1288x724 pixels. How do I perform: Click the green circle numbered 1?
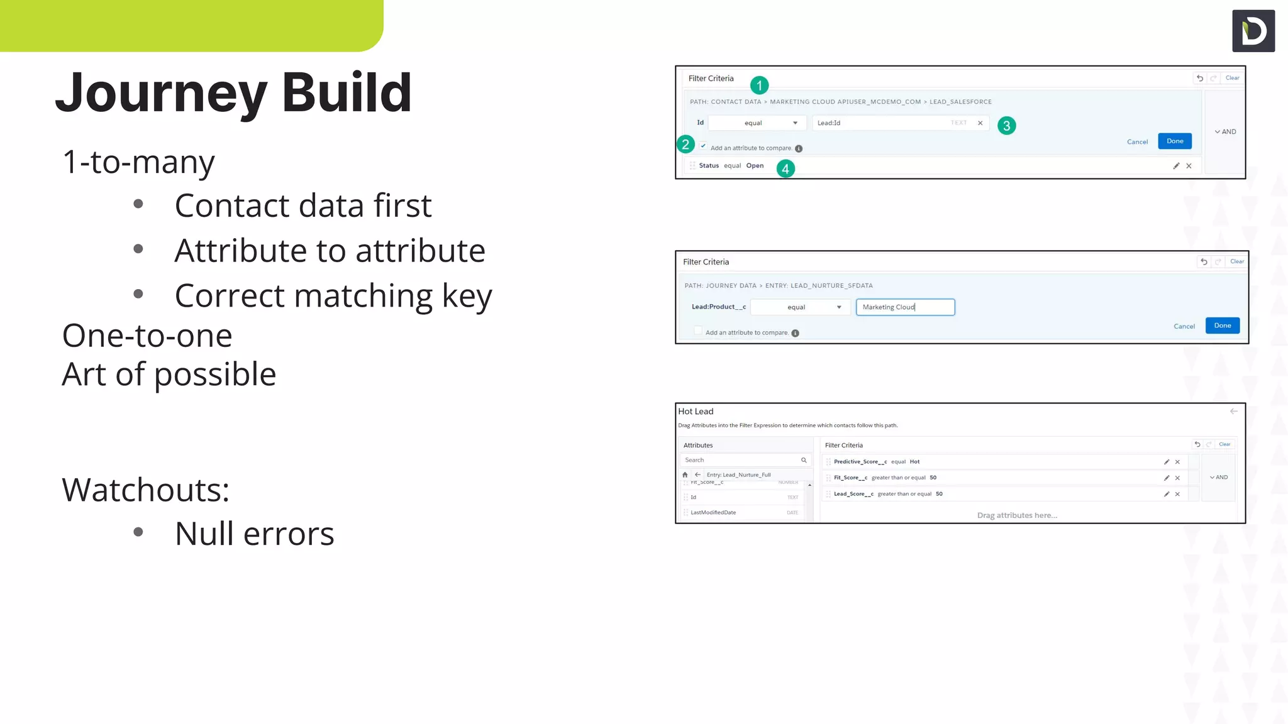coord(759,85)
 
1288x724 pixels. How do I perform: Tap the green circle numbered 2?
coord(686,145)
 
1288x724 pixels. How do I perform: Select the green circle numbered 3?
coord(1006,126)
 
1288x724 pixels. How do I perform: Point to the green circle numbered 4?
coord(786,168)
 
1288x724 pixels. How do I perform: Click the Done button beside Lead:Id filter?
coord(1174,141)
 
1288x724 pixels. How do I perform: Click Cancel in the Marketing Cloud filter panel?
coord(1184,326)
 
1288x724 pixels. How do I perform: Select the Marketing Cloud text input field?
coord(905,307)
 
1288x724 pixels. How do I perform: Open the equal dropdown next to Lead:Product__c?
coord(800,307)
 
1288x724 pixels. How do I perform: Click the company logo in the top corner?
coord(1253,31)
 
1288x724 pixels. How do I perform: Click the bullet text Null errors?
coord(254,534)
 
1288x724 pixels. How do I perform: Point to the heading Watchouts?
coord(145,490)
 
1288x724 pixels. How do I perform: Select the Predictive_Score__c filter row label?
coord(860,462)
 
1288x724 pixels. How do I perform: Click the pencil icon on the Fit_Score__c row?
coord(1166,478)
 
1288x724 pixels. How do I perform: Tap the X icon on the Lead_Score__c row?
coord(1177,494)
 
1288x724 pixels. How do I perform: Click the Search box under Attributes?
coord(742,460)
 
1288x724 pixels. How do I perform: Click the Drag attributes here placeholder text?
coord(1016,515)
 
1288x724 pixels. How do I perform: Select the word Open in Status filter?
coord(755,166)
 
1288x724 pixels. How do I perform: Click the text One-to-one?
coord(147,336)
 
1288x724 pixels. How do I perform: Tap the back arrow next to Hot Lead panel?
coord(1233,412)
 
